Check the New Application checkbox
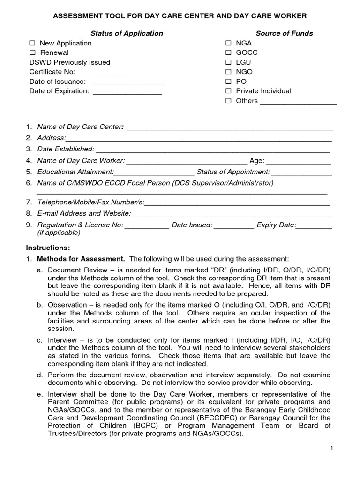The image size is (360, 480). coord(32,43)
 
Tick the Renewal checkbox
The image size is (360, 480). coord(32,53)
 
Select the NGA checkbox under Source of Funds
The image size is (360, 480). coord(228,43)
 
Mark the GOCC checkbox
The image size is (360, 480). coord(228,53)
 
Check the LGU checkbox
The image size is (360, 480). coord(228,62)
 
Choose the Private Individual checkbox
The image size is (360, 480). coord(228,91)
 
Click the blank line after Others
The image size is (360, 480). coord(298,102)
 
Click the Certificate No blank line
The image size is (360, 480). coord(127,73)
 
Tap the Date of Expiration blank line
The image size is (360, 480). coord(127,92)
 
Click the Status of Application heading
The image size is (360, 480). coord(127,33)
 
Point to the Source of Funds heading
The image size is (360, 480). coord(284,33)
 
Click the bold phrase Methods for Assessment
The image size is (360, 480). coord(81,259)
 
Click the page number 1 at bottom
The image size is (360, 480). coord(331,449)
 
